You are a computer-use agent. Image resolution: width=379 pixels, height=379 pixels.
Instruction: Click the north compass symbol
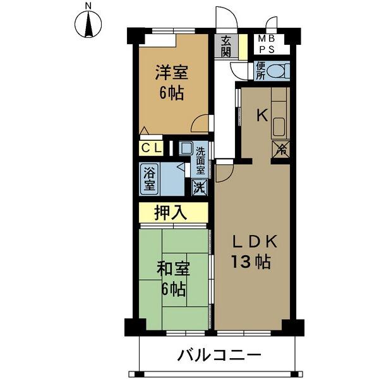pyautogui.click(x=88, y=25)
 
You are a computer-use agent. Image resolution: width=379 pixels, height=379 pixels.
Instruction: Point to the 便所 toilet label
pyautogui.click(x=260, y=71)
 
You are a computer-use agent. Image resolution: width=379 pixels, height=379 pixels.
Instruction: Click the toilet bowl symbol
pyautogui.click(x=277, y=71)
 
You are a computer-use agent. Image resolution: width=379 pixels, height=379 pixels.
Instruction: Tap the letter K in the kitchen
pyautogui.click(x=262, y=115)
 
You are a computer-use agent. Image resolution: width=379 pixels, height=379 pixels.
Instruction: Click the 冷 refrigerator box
pyautogui.click(x=280, y=150)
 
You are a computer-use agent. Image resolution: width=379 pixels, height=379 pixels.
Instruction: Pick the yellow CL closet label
pyautogui.click(x=152, y=149)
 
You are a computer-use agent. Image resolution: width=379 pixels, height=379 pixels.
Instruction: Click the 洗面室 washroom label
pyautogui.click(x=200, y=160)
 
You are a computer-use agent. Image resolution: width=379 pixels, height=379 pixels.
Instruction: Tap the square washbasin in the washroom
pyautogui.click(x=186, y=149)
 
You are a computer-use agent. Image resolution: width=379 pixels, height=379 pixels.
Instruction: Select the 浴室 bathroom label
pyautogui.click(x=150, y=179)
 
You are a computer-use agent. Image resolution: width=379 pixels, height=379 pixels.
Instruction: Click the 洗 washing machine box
pyautogui.click(x=198, y=187)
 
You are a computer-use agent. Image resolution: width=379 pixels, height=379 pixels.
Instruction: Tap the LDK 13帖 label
pyautogui.click(x=253, y=251)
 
